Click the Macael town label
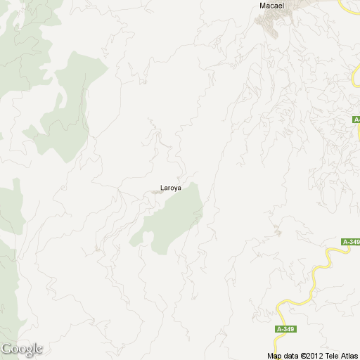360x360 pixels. (x=271, y=6)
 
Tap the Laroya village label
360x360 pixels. (x=170, y=188)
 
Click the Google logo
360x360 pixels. (x=22, y=349)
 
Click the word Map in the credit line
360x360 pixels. (x=274, y=356)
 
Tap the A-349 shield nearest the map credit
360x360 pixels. (x=285, y=329)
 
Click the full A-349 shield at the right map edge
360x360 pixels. (x=351, y=243)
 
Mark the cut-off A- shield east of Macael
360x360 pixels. (x=356, y=121)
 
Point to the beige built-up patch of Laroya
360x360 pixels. (x=156, y=192)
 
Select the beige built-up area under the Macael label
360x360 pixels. (x=271, y=25)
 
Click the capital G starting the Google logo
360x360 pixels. (x=6, y=348)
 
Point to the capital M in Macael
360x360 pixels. (x=262, y=6)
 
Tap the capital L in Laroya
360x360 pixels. (x=162, y=188)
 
